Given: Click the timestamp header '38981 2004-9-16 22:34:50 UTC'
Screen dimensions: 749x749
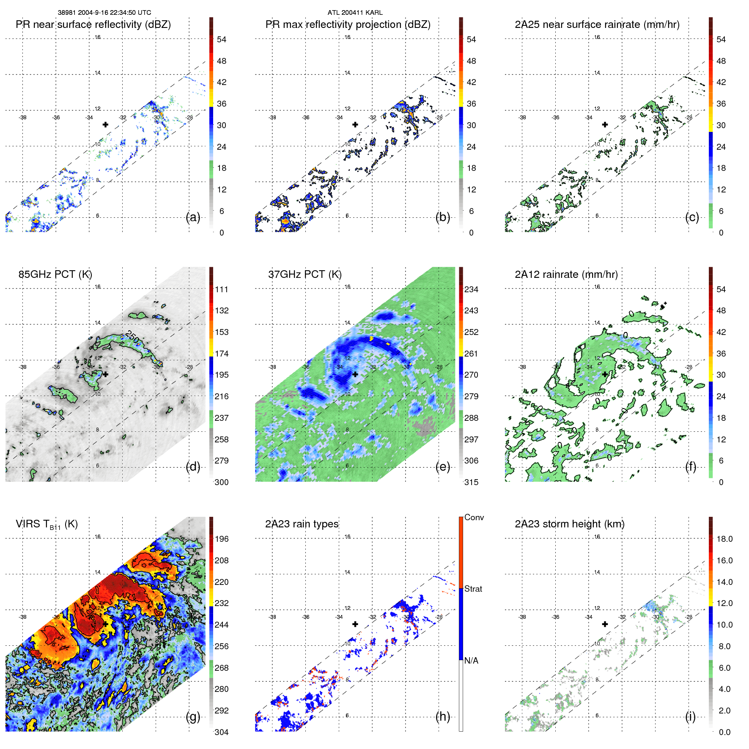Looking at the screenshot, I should (x=104, y=13).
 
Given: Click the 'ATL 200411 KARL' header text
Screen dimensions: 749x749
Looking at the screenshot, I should (x=355, y=13).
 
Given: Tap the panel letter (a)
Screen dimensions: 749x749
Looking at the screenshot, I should (x=193, y=217).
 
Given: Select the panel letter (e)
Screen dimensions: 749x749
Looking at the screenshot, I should (x=443, y=467).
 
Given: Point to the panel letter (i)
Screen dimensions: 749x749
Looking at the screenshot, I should (x=690, y=716).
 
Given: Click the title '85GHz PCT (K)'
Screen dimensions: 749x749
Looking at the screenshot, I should (x=55, y=274).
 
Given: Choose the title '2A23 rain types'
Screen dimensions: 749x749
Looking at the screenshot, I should (x=302, y=524).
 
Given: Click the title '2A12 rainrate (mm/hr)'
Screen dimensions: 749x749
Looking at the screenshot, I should (x=566, y=274).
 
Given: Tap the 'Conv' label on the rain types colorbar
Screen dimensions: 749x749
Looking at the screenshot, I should (x=474, y=518).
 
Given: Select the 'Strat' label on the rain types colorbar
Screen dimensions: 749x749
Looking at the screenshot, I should (x=473, y=589).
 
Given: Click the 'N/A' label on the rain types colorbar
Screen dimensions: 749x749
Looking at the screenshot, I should (x=472, y=661).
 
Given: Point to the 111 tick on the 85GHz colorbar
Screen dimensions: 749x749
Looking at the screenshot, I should (x=222, y=290).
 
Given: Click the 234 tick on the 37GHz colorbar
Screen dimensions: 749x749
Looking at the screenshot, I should (x=471, y=290).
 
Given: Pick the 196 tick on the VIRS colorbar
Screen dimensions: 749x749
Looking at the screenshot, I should (x=222, y=539).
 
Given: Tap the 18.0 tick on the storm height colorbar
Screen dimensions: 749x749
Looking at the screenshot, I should (x=724, y=539).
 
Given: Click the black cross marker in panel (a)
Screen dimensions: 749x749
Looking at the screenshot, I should (x=105, y=124).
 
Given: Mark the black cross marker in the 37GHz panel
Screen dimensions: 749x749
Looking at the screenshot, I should (x=355, y=374).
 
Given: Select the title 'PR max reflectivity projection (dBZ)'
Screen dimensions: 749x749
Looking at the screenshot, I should (x=348, y=25).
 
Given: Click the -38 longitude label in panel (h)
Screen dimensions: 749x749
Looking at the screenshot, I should (x=272, y=617).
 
